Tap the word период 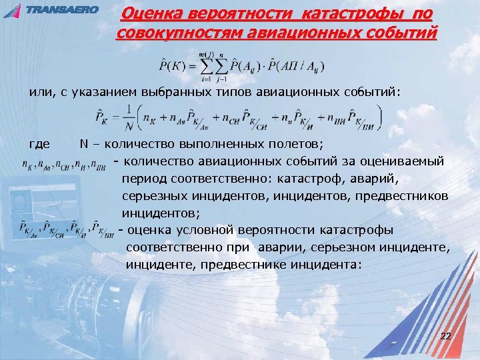coord(145,179)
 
